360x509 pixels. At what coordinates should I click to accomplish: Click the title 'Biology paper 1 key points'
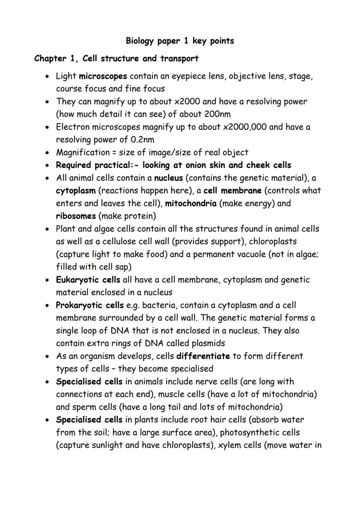point(180,41)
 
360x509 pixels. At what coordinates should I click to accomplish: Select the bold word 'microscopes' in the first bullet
point(103,76)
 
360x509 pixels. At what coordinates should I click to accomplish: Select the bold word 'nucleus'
point(168,178)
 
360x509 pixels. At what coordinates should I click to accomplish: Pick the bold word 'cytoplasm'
point(76,191)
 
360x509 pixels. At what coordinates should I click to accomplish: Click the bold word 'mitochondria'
point(191,204)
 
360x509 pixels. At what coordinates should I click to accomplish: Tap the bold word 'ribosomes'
point(76,216)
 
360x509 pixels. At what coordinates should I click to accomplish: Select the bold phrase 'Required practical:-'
point(99,165)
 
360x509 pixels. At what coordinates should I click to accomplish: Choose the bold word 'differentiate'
point(203,356)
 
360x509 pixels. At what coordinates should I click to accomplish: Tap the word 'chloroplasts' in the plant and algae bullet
point(273,242)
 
